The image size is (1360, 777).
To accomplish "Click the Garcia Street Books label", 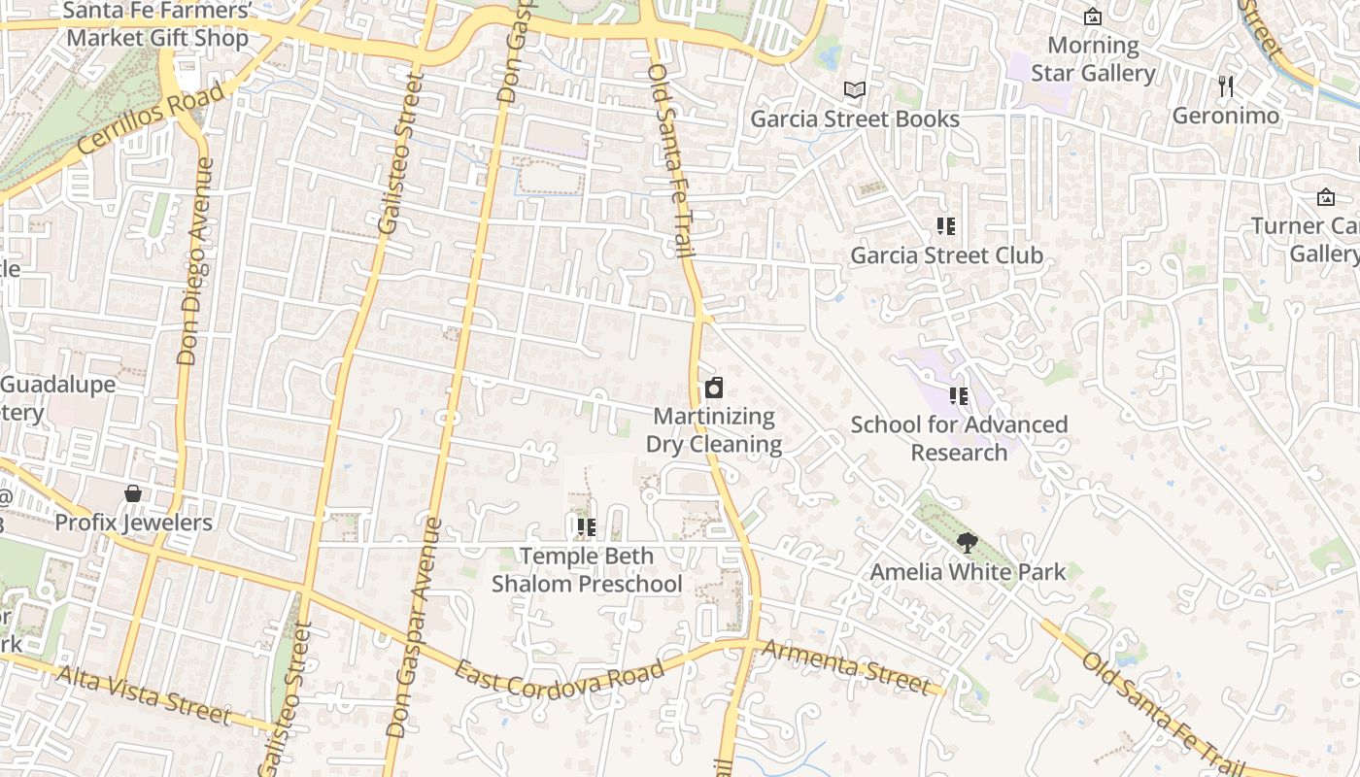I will (x=855, y=119).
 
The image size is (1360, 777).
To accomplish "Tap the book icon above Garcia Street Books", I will (x=855, y=90).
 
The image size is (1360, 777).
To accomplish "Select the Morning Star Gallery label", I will (x=1093, y=59).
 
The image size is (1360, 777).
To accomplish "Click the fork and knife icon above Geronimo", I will (x=1226, y=86).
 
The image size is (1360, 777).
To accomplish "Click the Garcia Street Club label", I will (x=946, y=255).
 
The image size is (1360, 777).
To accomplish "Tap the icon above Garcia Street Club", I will (x=946, y=226).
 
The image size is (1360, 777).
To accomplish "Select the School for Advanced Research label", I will (x=959, y=438).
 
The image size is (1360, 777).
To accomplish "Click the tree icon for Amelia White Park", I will (x=967, y=543).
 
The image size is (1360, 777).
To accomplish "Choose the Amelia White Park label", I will (x=968, y=572).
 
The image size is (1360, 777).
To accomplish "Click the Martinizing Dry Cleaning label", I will (x=715, y=430).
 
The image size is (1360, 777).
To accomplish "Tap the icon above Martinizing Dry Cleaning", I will (x=714, y=388).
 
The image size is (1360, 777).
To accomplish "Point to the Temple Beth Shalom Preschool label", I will (x=587, y=570).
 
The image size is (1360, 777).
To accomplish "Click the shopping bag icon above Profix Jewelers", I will (x=133, y=493).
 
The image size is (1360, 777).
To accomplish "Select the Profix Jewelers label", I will (x=133, y=523).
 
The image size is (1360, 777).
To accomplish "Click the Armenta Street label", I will (x=846, y=666).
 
